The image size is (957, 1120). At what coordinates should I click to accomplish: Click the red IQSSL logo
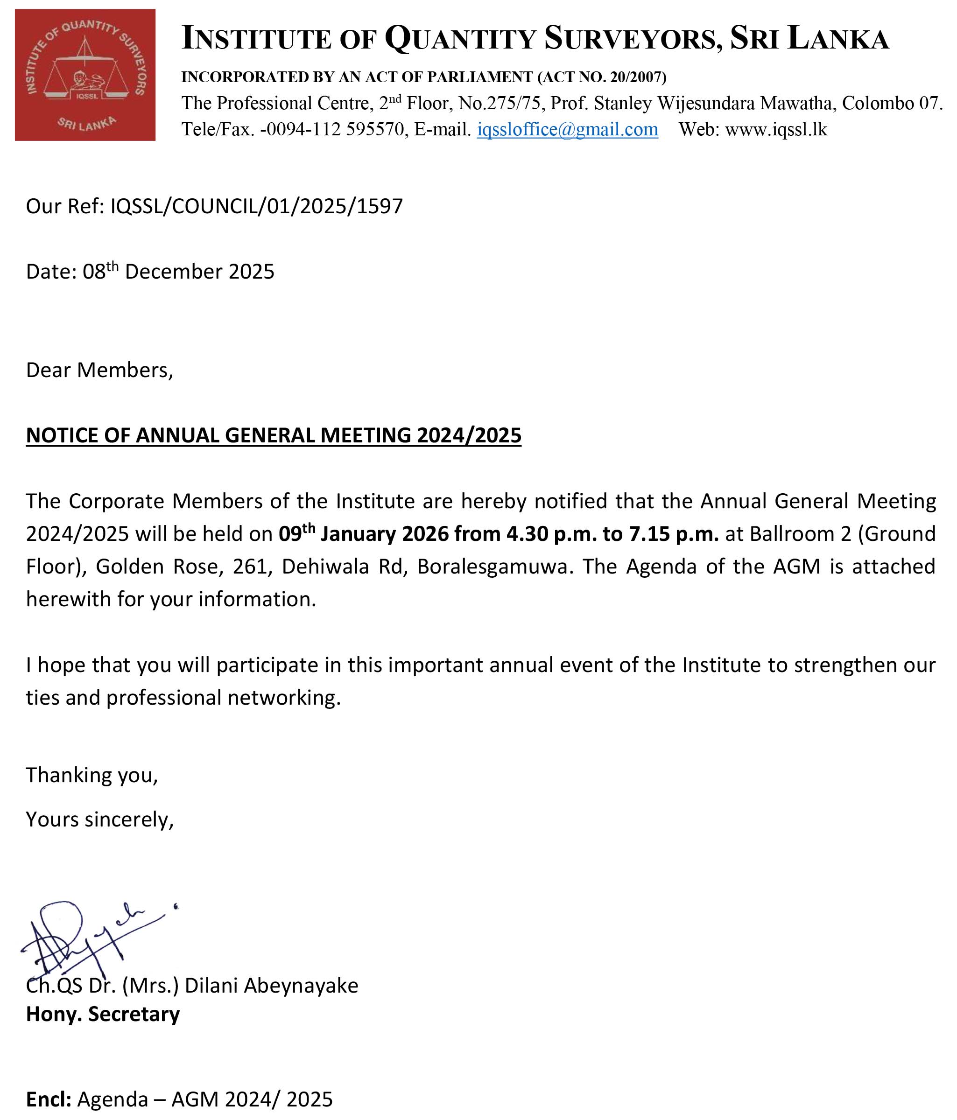85,75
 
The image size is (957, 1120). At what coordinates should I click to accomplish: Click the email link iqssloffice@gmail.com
567,130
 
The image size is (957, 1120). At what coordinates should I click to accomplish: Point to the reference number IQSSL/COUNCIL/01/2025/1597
257,206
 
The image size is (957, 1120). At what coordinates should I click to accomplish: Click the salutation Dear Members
99,370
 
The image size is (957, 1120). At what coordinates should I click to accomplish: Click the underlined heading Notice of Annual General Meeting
274,436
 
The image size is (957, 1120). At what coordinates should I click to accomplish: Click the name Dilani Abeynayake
271,986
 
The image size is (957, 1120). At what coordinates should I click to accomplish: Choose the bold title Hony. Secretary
103,1014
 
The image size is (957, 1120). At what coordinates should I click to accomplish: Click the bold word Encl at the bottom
48,1099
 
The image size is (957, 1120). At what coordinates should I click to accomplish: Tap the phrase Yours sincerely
99,819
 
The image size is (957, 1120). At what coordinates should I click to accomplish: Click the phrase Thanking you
92,775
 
